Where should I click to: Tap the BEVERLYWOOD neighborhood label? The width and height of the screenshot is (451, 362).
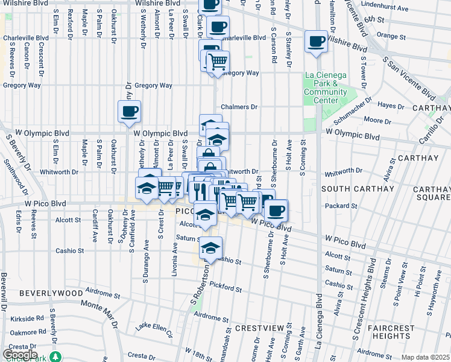(x=51, y=293)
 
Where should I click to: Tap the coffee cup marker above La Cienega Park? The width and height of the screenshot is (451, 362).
(x=316, y=42)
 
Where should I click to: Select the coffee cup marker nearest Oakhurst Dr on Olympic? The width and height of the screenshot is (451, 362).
(x=129, y=112)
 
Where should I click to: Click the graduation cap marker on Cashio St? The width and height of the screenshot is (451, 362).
(x=210, y=248)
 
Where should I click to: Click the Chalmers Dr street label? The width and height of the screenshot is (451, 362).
(x=239, y=107)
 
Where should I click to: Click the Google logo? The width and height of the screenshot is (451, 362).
(x=20, y=354)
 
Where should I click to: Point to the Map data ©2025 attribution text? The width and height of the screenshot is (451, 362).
(x=426, y=357)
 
